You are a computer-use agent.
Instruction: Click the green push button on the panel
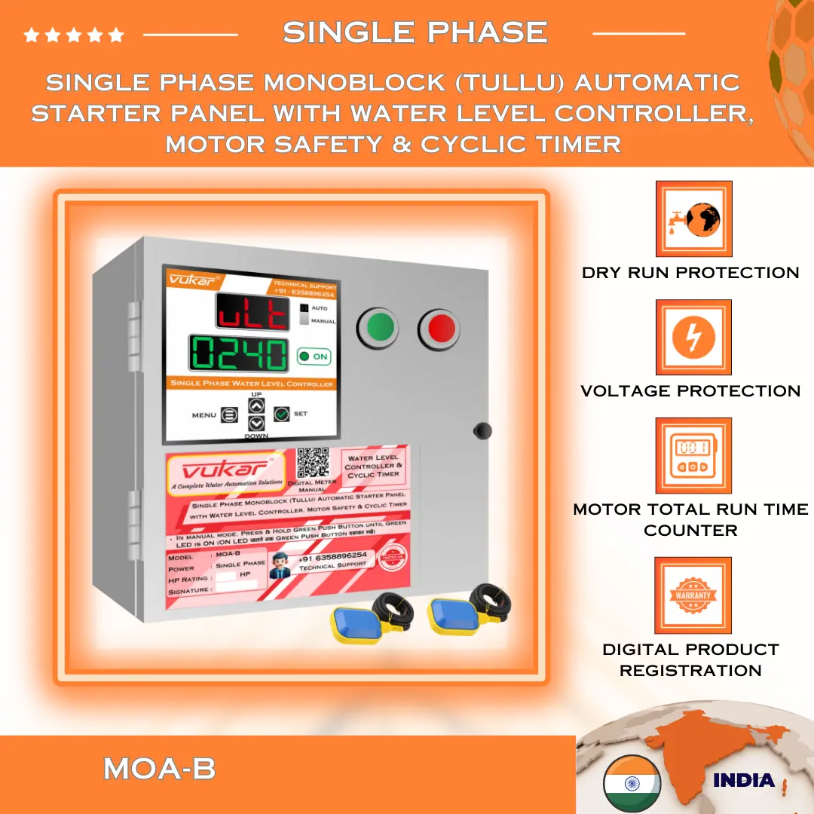click(381, 328)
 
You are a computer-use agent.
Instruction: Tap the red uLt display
click(252, 312)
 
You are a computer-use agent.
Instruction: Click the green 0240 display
click(238, 354)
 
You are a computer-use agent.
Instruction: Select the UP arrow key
click(256, 405)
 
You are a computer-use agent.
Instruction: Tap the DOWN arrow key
click(256, 424)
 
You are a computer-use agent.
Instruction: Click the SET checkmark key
click(282, 414)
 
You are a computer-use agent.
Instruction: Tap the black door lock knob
click(482, 430)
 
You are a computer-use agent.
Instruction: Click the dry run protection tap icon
click(693, 219)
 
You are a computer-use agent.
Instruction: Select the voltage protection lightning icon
click(693, 338)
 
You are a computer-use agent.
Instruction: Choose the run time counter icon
click(693, 456)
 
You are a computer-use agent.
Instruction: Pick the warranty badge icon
click(693, 595)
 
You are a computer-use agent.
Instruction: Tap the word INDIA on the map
click(743, 780)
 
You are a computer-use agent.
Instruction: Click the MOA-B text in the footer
click(159, 769)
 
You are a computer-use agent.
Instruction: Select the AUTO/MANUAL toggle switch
click(304, 314)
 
